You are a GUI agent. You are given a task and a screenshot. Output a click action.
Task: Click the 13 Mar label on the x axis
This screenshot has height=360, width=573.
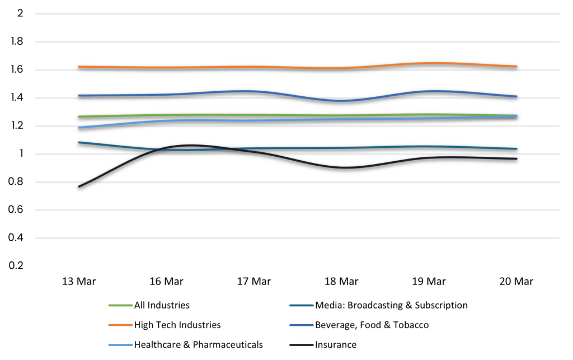pyautogui.click(x=79, y=282)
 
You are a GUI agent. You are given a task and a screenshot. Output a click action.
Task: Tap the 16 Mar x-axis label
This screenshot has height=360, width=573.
pyautogui.click(x=166, y=282)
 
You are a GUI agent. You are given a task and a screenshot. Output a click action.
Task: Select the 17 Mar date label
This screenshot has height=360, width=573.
pyautogui.click(x=253, y=282)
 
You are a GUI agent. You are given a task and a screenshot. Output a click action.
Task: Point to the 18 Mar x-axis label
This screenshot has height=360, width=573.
pyautogui.click(x=341, y=282)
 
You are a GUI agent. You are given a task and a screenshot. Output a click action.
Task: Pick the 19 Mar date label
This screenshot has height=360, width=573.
pyautogui.click(x=428, y=282)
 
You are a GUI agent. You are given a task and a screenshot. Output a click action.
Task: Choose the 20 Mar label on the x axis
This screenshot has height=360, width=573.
pyautogui.click(x=516, y=282)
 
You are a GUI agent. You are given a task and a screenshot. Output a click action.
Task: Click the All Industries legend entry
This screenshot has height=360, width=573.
pyautogui.click(x=162, y=306)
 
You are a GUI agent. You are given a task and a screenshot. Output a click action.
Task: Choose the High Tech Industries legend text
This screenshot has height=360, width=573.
pyautogui.click(x=177, y=325)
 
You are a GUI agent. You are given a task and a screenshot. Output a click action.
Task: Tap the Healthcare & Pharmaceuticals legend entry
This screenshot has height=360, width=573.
pyautogui.click(x=198, y=344)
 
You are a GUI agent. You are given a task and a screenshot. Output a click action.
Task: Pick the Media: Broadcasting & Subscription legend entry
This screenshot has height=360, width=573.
pyautogui.click(x=391, y=306)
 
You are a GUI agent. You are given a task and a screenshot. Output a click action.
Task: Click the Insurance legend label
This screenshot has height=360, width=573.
pyautogui.click(x=336, y=344)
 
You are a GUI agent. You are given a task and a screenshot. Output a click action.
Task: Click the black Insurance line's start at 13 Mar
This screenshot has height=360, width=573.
pyautogui.click(x=79, y=186)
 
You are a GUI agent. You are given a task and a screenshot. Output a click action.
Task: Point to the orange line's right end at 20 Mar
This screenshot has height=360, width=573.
pyautogui.click(x=516, y=67)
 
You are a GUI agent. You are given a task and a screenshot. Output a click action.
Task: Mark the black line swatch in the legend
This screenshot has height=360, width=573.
pyautogui.click(x=301, y=344)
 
